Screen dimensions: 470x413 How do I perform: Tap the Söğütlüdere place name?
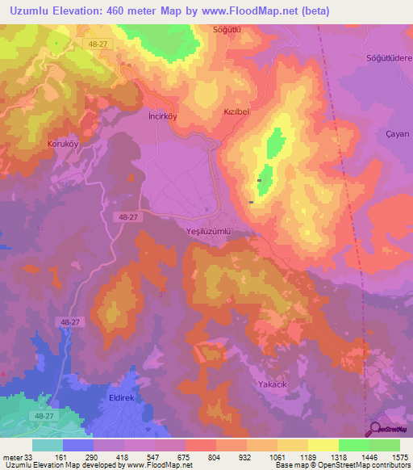pos(390,59)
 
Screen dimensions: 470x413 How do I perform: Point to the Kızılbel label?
pos(240,114)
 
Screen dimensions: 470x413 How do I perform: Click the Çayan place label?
pos(398,134)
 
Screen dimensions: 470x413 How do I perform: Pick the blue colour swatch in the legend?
pos(77,445)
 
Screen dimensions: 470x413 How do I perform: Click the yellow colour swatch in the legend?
pos(323,445)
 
